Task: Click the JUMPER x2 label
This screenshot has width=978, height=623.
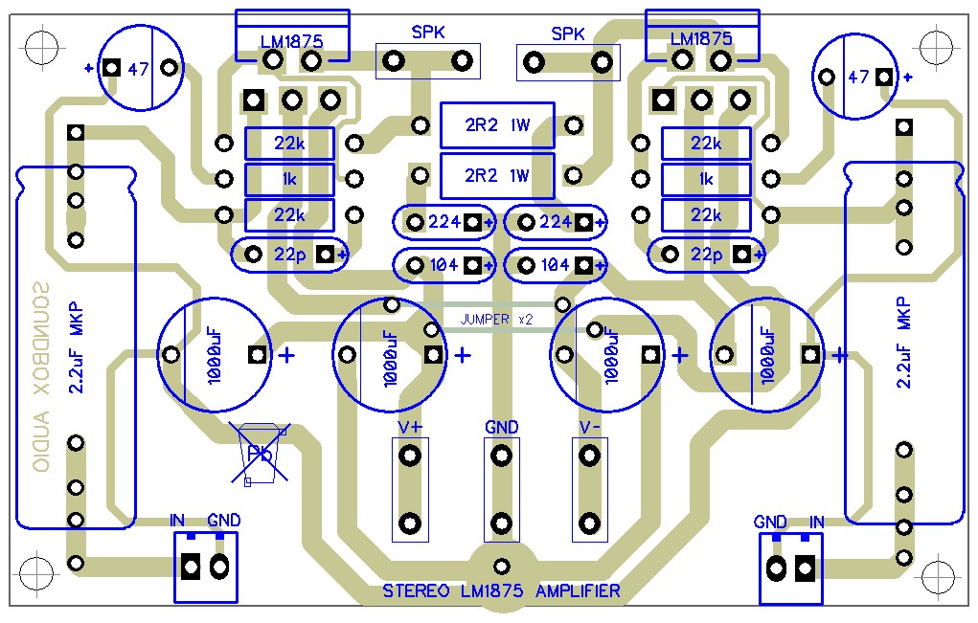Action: click(496, 319)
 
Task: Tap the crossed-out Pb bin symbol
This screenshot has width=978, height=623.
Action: click(262, 454)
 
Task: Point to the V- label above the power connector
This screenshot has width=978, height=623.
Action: click(589, 426)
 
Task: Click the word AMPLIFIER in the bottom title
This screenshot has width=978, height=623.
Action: click(578, 591)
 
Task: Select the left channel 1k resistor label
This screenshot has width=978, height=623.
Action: click(288, 179)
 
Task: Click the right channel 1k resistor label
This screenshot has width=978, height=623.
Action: click(706, 179)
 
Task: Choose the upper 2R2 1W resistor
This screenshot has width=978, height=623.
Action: click(497, 125)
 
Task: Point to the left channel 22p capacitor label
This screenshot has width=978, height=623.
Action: click(288, 255)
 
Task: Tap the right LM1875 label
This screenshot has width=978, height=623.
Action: click(701, 39)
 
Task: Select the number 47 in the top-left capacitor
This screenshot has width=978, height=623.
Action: click(139, 69)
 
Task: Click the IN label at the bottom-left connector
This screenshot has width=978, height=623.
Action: click(178, 521)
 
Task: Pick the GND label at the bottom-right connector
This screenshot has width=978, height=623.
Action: click(770, 522)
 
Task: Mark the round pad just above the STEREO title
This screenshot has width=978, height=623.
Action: click(500, 566)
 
